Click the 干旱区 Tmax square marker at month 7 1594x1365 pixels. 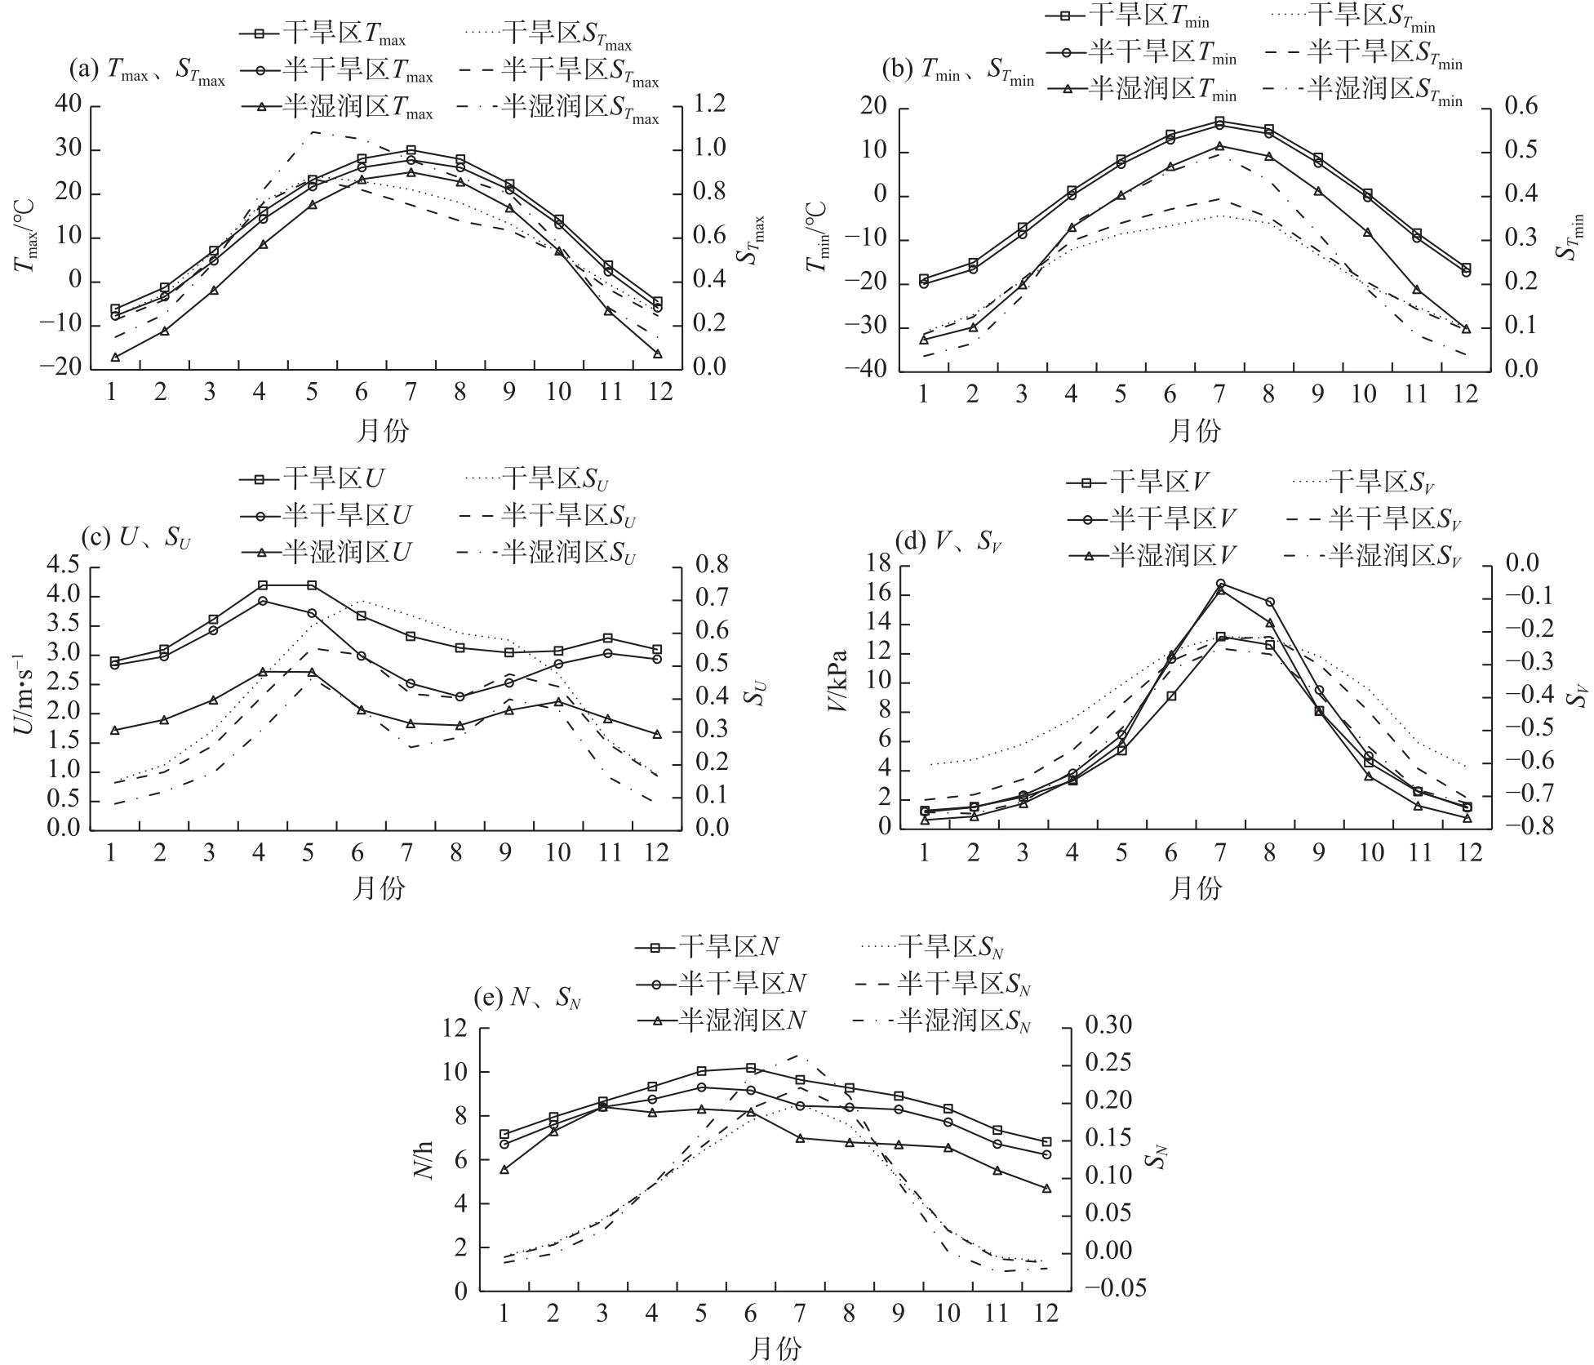click(x=411, y=150)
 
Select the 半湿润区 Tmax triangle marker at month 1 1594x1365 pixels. click(x=115, y=357)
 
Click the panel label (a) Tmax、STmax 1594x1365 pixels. click(x=147, y=71)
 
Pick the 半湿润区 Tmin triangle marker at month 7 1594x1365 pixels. click(x=1219, y=146)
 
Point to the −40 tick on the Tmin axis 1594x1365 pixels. click(x=872, y=371)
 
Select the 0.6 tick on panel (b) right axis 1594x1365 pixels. click(x=1517, y=108)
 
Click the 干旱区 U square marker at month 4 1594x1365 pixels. click(x=263, y=585)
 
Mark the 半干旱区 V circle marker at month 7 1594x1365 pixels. click(x=1220, y=584)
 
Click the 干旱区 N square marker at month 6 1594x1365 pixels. click(x=751, y=1067)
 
